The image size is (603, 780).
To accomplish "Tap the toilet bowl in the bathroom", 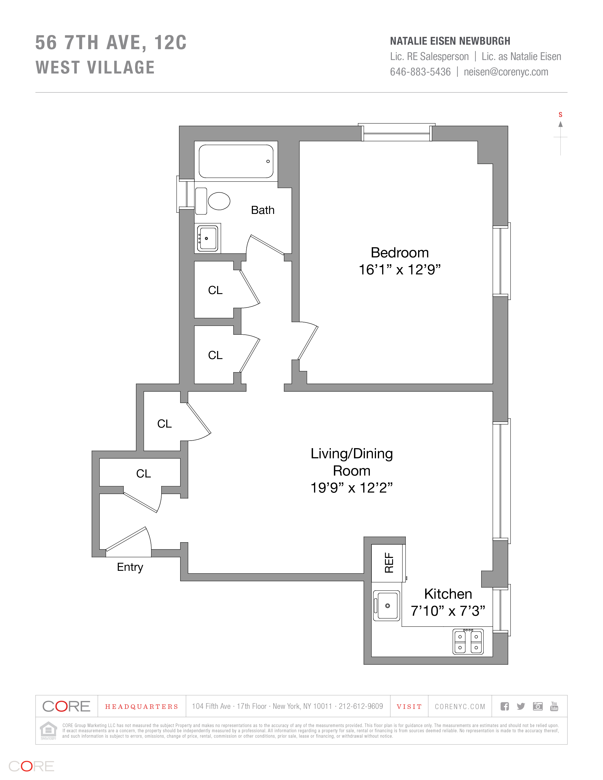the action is point(219,201).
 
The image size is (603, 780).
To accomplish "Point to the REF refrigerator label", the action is point(389,563).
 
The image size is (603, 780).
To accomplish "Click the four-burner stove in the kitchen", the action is point(468,642).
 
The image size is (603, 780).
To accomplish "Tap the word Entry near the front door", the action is point(130,567).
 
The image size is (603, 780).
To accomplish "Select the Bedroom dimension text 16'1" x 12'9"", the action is point(399,270).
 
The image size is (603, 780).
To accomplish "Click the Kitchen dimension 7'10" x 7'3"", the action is point(448,611).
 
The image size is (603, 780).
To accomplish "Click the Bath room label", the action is point(262,210).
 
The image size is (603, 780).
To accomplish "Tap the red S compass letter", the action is point(560,115).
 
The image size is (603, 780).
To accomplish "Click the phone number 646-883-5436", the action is point(420,72).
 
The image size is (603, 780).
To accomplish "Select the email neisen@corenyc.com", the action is point(506,72).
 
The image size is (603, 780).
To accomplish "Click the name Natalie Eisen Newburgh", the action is point(450,41).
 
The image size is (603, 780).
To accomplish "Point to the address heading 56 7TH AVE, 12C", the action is point(111,43).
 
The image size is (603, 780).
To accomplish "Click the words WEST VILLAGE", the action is point(95,68).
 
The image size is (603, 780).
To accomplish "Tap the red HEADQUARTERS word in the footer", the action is point(141,707).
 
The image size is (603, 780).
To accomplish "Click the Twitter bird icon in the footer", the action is point(520,706).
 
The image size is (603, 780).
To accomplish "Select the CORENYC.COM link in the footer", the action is point(460,707).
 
